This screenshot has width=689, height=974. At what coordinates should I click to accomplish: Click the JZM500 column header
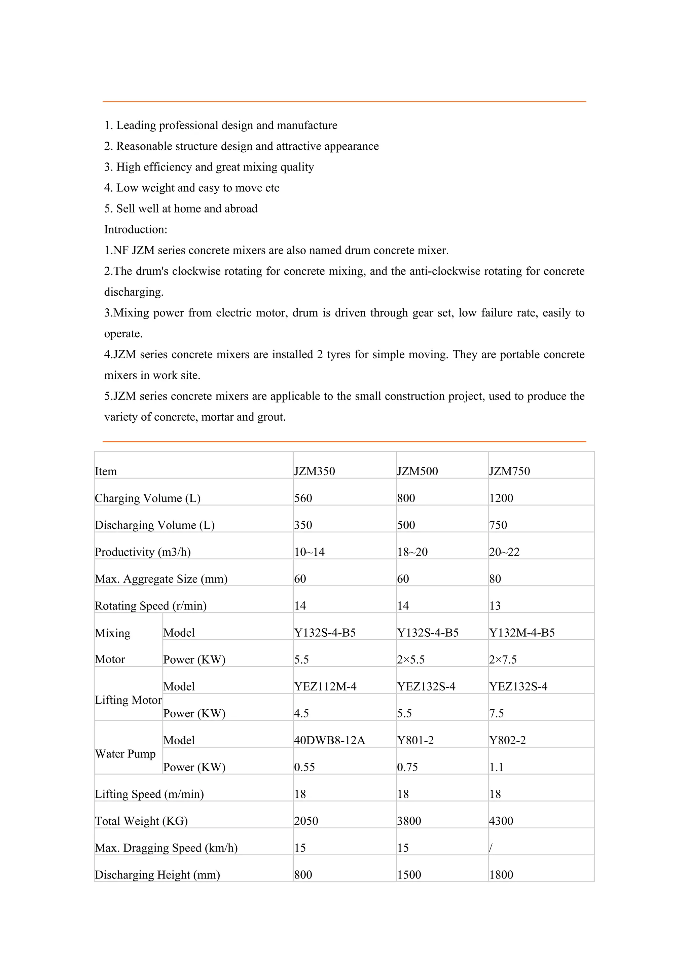click(418, 471)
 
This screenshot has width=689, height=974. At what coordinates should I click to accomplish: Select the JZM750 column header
click(510, 471)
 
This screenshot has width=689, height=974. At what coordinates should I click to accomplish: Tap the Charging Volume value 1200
click(501, 498)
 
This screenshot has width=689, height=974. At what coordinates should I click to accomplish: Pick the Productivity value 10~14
click(309, 552)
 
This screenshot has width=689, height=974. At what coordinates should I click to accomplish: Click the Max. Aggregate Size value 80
click(495, 579)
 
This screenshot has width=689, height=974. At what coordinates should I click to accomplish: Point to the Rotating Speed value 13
click(495, 606)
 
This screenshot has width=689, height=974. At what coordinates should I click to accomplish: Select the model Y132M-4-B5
click(522, 633)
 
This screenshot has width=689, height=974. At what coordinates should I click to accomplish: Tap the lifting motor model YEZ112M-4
click(325, 686)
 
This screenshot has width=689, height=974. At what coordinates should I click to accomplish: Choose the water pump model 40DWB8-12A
click(329, 740)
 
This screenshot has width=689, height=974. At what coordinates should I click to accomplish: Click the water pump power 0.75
click(407, 767)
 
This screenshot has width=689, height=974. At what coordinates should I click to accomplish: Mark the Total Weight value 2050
click(306, 821)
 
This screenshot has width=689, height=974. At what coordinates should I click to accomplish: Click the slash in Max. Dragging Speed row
click(491, 848)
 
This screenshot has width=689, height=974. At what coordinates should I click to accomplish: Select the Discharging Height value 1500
click(409, 875)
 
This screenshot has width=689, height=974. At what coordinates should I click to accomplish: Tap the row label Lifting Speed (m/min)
click(149, 794)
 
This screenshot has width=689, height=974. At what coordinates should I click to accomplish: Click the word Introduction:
click(136, 229)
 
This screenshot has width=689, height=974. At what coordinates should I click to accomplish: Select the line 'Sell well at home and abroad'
click(187, 209)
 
